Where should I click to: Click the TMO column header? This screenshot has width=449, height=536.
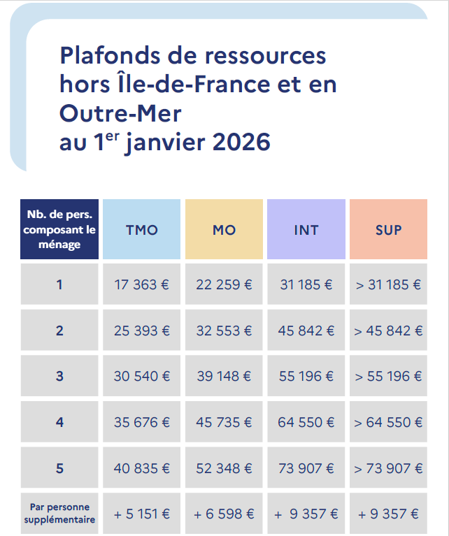141,229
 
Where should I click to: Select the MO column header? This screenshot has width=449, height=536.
224,229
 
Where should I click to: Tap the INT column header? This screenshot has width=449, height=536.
306,229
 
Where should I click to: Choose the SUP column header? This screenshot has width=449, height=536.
388,229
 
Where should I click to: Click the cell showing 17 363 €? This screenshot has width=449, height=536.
141,284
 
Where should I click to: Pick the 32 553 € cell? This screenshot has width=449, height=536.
224,331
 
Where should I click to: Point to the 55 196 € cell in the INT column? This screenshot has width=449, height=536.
306,377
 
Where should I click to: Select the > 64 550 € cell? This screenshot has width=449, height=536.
388,423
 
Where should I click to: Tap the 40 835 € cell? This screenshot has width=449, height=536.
141,468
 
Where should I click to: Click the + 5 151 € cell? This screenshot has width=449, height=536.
141,514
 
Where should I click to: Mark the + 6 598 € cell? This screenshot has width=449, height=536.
224,514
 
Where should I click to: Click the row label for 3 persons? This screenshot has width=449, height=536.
59,377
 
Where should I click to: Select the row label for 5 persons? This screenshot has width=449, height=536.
59,468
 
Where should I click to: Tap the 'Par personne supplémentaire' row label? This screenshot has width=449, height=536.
59,513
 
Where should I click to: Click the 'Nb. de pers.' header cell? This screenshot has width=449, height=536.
59,229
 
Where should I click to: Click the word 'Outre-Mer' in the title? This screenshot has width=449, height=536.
120,113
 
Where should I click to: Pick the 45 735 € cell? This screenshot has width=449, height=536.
224,423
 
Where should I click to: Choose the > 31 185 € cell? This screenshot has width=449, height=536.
388,284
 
